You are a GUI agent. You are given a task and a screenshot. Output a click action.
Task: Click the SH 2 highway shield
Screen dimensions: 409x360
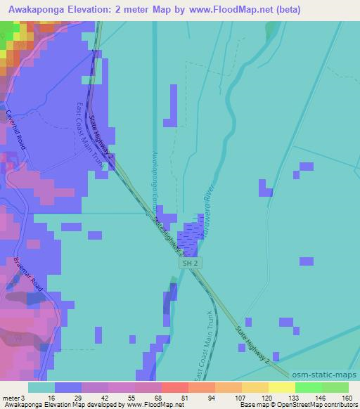coord(188,262)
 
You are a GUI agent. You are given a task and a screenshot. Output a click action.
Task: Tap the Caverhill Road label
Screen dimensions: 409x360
coord(16,129)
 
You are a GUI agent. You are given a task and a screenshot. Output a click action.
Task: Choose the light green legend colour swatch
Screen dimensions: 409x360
coord(335,387)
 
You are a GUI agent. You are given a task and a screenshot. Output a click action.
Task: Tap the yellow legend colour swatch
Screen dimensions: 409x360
coord(281,387)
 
